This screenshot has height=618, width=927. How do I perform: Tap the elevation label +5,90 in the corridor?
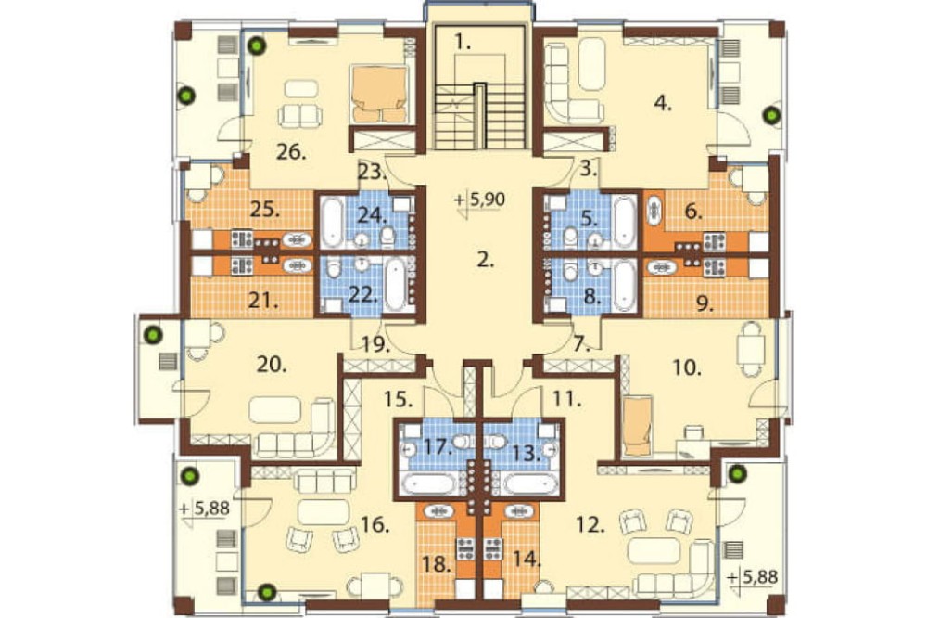click(480, 200)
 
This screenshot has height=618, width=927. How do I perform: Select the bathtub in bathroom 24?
click(331, 223)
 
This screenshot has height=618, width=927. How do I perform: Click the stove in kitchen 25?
click(241, 239)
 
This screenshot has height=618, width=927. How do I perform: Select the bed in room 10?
click(637, 427)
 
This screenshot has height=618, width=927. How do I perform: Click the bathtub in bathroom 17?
click(429, 483)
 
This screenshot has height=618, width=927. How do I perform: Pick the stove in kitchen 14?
click(492, 549)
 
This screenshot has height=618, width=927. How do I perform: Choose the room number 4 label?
click(664, 103)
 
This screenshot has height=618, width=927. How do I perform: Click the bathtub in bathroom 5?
click(624, 223)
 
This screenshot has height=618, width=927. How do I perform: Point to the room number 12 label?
click(590, 524)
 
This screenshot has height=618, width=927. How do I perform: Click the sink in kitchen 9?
click(662, 267)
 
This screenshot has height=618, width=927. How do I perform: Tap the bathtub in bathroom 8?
click(624, 285)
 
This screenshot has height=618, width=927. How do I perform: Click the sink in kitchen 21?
click(298, 265)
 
